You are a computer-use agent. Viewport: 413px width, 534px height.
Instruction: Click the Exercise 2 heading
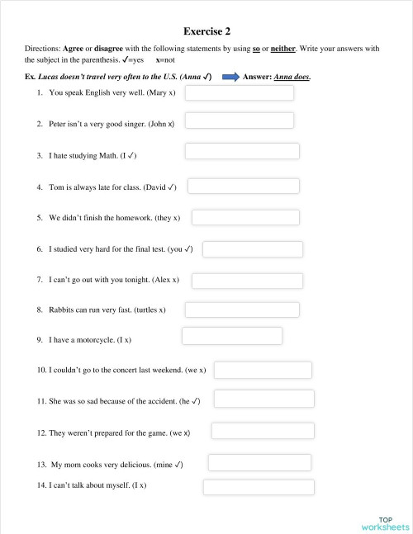(x=206, y=31)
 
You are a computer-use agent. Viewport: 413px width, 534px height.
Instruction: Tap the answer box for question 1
(x=239, y=92)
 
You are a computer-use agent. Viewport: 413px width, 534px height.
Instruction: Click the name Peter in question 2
(x=59, y=124)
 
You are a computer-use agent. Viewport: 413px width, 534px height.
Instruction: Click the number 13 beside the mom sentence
(x=41, y=465)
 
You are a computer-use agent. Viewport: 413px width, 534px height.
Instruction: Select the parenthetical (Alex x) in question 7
(x=164, y=280)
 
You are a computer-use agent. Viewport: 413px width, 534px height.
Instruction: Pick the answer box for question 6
(x=252, y=248)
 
